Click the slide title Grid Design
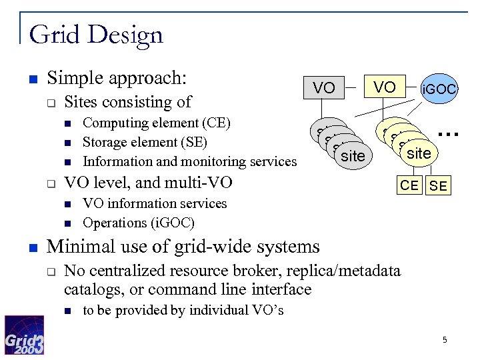(x=96, y=34)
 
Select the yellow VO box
(x=385, y=87)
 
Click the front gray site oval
(x=353, y=156)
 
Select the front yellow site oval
(x=419, y=154)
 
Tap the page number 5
(x=445, y=341)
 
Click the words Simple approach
(x=116, y=78)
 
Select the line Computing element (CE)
(x=156, y=123)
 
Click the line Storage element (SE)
(x=145, y=142)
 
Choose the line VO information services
(x=154, y=203)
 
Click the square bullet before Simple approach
(x=32, y=79)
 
